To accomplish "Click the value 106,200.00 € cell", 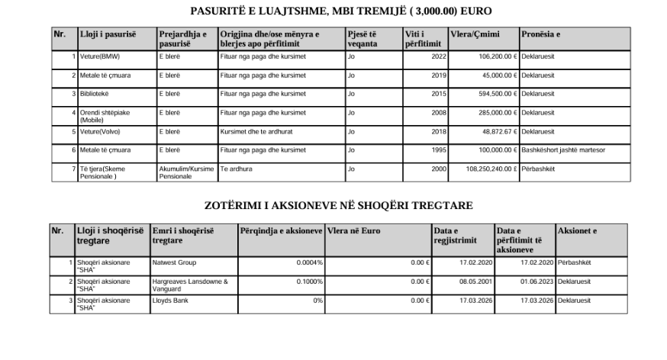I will (491, 56).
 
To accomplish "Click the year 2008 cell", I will (439, 113).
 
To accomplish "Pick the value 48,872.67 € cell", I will (491, 131).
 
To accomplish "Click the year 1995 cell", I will (439, 150).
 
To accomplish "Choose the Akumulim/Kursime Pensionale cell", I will (187, 172).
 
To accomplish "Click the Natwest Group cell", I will (174, 262).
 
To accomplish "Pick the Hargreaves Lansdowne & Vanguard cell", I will (190, 284).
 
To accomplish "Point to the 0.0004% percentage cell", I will (309, 262).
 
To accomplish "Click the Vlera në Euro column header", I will (354, 230).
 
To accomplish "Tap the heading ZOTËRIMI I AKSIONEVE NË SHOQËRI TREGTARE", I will (339, 206).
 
